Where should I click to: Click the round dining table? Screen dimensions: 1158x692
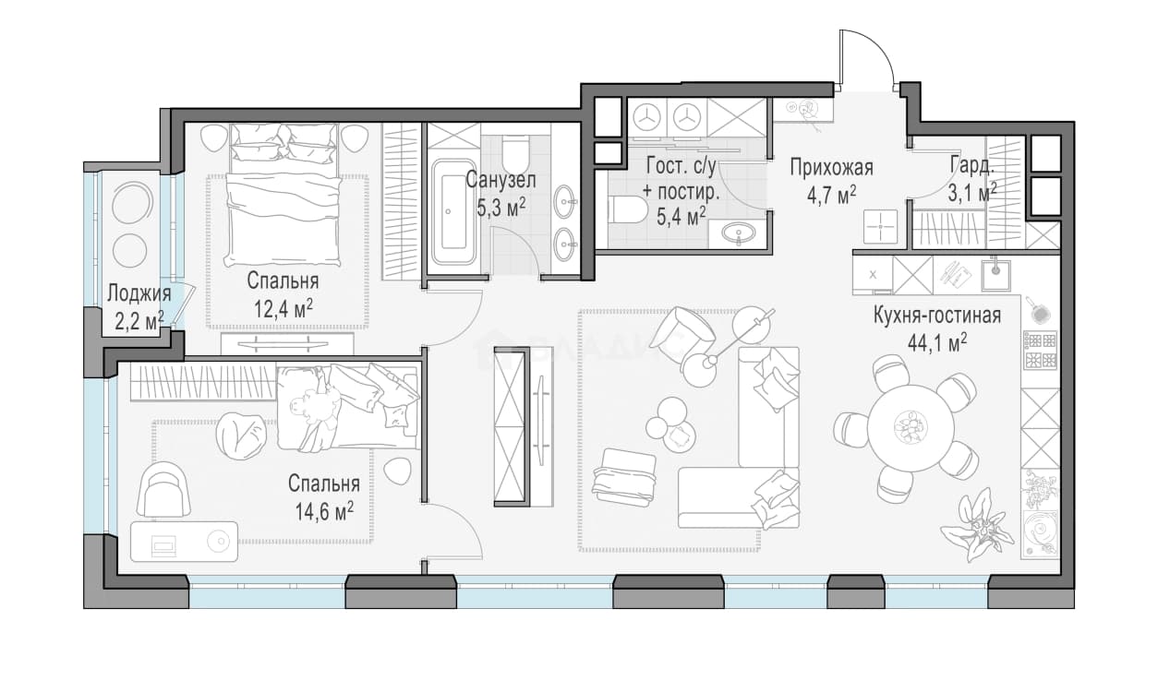coord(911,427)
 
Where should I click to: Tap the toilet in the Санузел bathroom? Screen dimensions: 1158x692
coord(515,153)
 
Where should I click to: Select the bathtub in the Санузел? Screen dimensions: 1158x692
coord(454,212)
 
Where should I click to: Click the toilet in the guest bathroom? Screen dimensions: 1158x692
coord(628,209)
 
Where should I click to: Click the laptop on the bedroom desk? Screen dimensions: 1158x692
coord(163,546)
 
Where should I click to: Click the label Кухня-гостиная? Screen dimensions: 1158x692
coord(936,315)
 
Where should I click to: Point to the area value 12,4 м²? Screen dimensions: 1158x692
coord(283,309)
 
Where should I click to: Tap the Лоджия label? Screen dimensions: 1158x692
coord(139,293)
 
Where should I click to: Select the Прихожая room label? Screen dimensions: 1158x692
coord(831,167)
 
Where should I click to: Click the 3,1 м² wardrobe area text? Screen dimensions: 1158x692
coord(971,193)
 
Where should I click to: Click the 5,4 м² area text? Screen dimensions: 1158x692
coord(681,217)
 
